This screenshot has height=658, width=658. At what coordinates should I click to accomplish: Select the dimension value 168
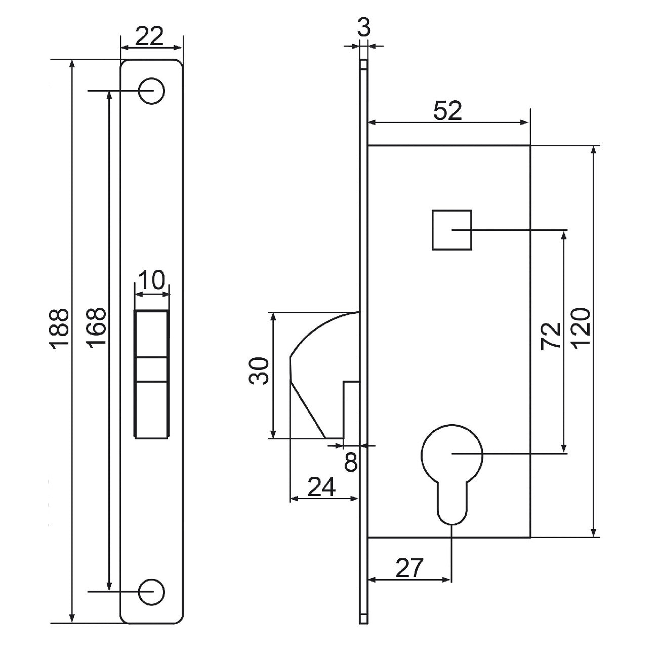click(x=96, y=327)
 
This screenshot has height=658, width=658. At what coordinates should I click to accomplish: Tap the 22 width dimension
click(x=151, y=36)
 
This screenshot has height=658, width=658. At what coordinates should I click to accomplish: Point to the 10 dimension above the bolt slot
click(x=152, y=280)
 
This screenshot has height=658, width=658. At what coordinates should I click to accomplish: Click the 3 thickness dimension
click(x=363, y=28)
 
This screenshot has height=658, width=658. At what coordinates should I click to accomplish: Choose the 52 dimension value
click(x=448, y=111)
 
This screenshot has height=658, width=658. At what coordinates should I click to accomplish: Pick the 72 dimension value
click(x=551, y=335)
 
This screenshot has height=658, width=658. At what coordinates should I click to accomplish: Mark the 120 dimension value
click(x=581, y=329)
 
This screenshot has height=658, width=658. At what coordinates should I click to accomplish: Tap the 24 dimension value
click(x=322, y=487)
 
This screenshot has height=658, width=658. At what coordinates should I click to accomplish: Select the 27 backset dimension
click(x=408, y=568)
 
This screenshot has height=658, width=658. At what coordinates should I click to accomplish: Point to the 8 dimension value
click(x=351, y=462)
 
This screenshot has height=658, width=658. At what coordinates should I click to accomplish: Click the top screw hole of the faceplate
click(x=152, y=91)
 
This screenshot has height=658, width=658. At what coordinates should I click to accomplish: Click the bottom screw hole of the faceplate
click(x=152, y=591)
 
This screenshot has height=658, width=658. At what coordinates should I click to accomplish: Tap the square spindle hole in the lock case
click(x=451, y=230)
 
